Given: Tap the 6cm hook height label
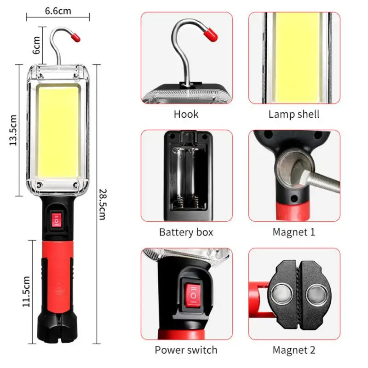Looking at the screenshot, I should (x=38, y=45).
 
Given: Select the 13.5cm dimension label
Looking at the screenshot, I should (x=13, y=130).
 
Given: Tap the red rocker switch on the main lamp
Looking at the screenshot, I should (x=57, y=220).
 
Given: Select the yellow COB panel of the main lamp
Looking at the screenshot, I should (x=57, y=129).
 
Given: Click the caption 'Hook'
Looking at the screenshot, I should (x=186, y=114).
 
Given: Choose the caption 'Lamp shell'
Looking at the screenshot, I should (x=294, y=114).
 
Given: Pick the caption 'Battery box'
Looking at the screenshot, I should (x=186, y=232).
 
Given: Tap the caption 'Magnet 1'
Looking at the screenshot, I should (x=294, y=232).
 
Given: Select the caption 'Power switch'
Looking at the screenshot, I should (x=186, y=350).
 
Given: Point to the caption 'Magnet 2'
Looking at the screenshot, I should (x=294, y=350).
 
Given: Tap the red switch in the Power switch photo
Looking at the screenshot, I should (x=193, y=294).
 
